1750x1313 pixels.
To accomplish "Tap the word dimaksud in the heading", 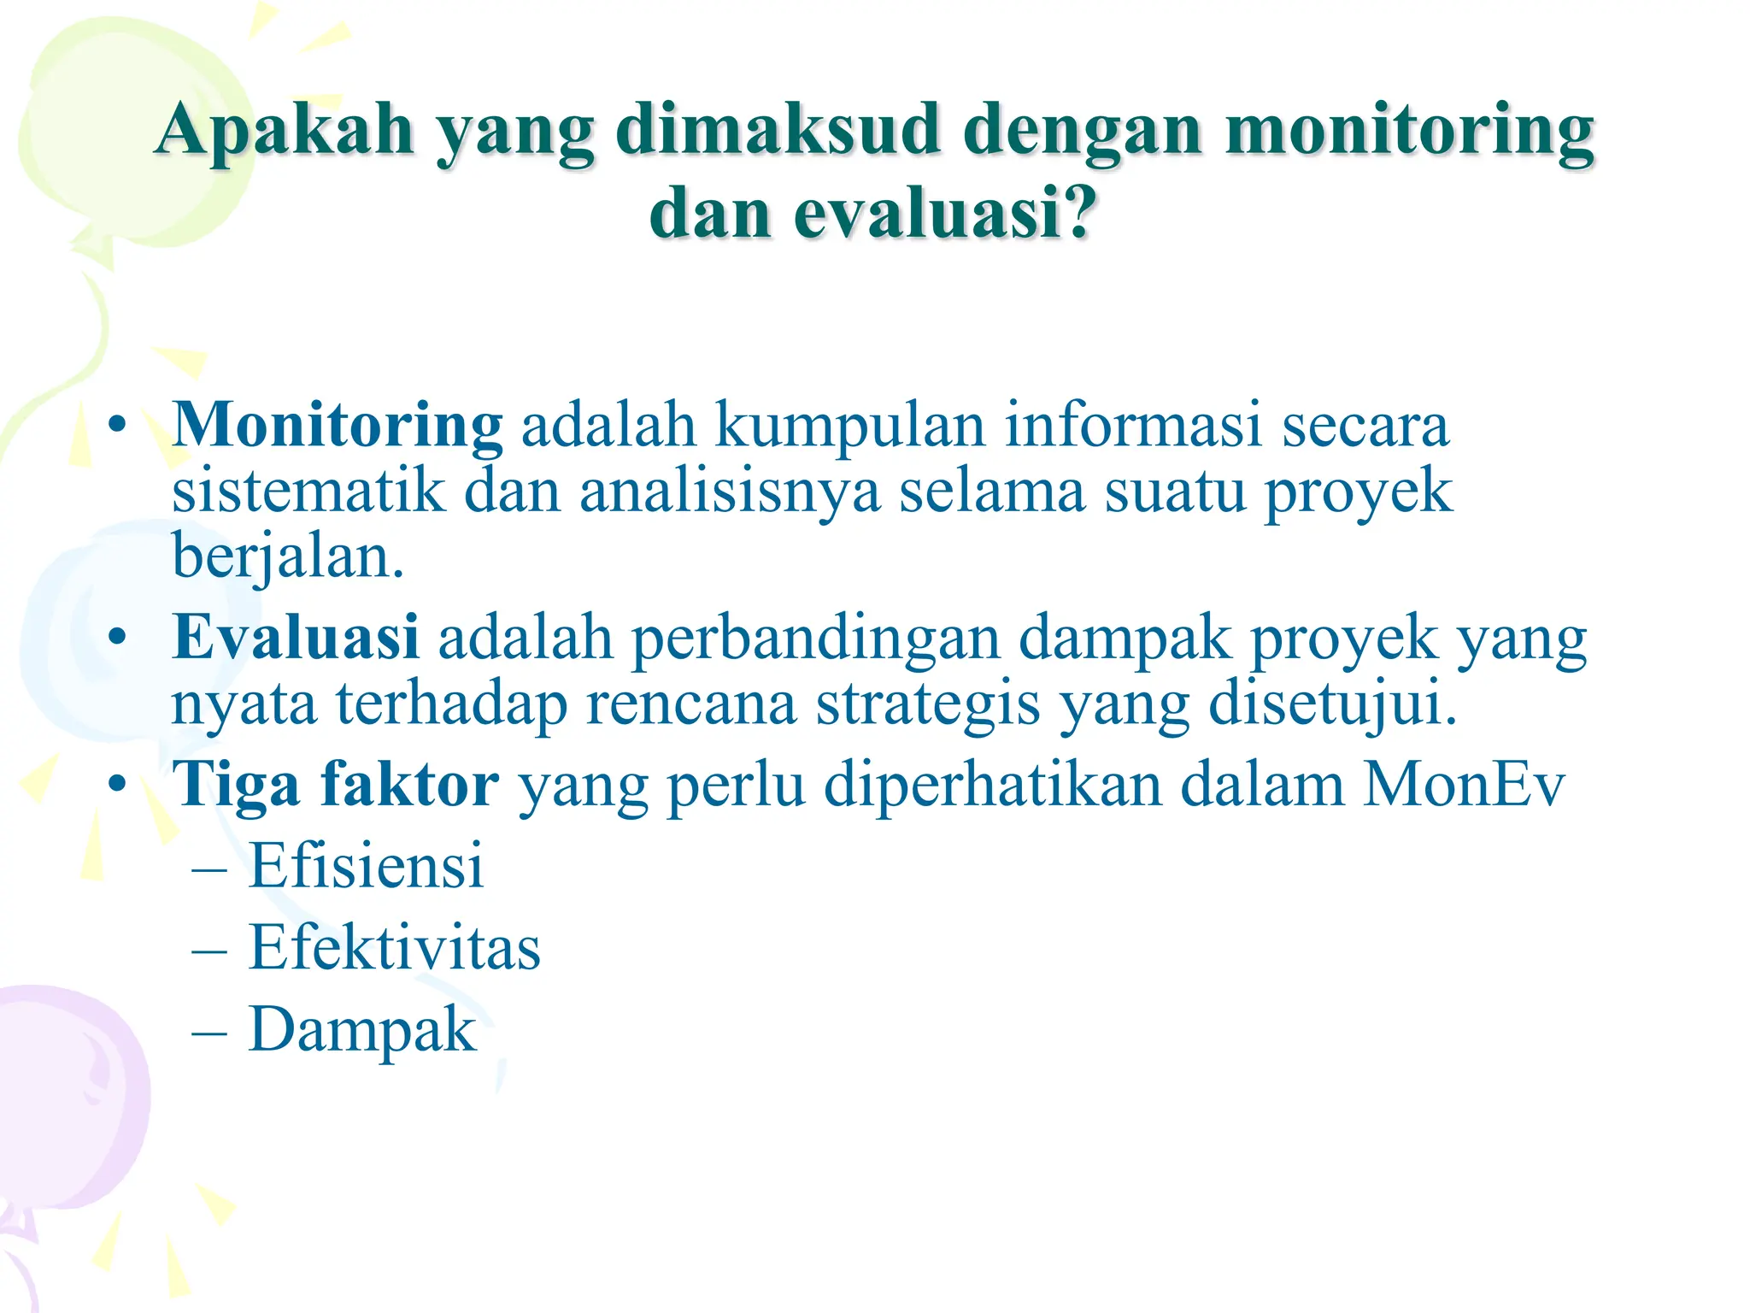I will [x=778, y=130].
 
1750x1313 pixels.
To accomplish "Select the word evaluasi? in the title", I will [x=944, y=214].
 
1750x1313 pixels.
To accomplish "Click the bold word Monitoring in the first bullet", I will [x=338, y=425].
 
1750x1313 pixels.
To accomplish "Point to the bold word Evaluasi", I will [x=296, y=638].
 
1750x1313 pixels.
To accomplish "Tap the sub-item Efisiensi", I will [x=366, y=866].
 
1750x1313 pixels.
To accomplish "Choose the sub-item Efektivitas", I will [x=394, y=948].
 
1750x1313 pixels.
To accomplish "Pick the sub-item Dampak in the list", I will [x=362, y=1030].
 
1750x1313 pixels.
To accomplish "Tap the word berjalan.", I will [x=287, y=557].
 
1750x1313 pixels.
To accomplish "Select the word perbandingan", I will [x=815, y=639].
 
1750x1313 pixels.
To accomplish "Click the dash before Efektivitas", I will [x=209, y=950].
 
